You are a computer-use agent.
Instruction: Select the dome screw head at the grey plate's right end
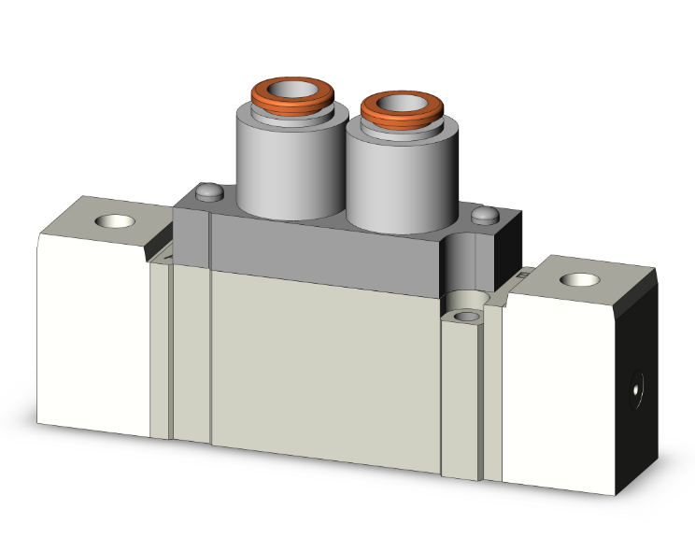[484, 216]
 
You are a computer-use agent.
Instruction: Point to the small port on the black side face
[637, 384]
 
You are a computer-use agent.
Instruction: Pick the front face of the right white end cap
[560, 392]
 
